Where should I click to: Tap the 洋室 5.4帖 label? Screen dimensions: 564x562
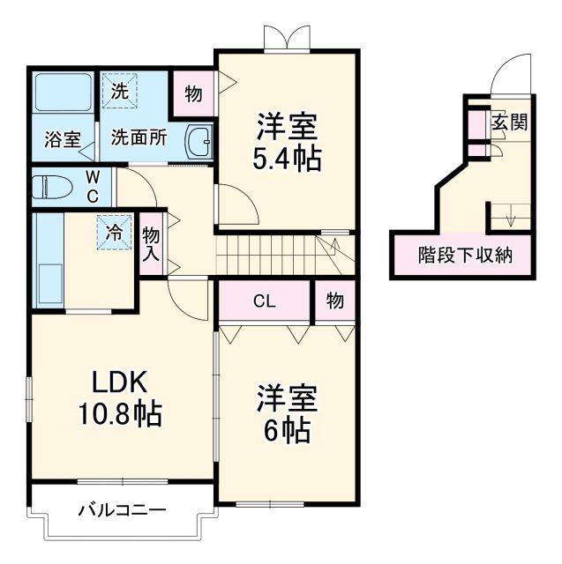point(288,142)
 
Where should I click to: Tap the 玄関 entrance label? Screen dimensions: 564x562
point(509,122)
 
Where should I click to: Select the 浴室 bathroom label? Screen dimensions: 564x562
point(64,139)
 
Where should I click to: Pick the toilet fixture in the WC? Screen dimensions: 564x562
point(55,187)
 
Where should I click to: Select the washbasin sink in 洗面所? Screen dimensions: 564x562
point(199,139)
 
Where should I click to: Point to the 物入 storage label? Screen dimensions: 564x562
point(151,242)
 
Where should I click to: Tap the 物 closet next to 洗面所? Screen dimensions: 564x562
point(192,92)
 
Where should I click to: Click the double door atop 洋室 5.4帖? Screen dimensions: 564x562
point(288,37)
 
